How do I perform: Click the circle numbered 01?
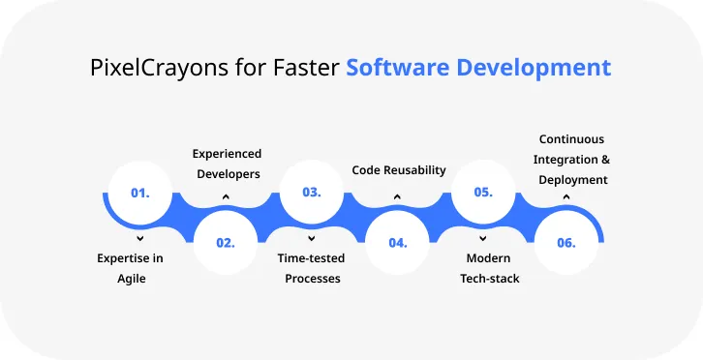pyautogui.click(x=140, y=193)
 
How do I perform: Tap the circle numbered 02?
pyautogui.click(x=226, y=242)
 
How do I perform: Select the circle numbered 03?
pyautogui.click(x=311, y=193)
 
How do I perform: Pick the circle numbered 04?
pyautogui.click(x=397, y=242)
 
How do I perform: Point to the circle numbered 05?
pyautogui.click(x=482, y=193)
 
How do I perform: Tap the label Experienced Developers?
pyautogui.click(x=227, y=164)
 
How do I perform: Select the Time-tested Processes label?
pyautogui.click(x=311, y=268)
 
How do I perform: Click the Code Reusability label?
pyautogui.click(x=398, y=169)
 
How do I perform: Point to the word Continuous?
pyautogui.click(x=571, y=139)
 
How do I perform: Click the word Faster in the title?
pyautogui.click(x=307, y=69)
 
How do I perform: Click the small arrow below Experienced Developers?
pyautogui.click(x=226, y=196)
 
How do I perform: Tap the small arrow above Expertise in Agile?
pyautogui.click(x=140, y=237)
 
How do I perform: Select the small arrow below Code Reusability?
pyautogui.click(x=397, y=196)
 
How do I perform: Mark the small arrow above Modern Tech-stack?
pyautogui.click(x=482, y=237)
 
